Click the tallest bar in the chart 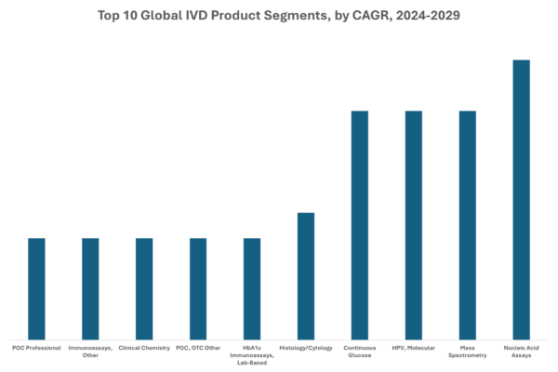click(x=522, y=199)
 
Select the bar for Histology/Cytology click(x=306, y=275)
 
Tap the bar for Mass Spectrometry click(x=468, y=224)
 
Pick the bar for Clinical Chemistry click(x=144, y=288)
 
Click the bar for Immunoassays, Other click(x=90, y=288)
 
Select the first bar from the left click(x=36, y=288)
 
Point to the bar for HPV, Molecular click(x=414, y=224)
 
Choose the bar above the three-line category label click(x=252, y=288)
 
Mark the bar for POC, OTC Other click(x=198, y=288)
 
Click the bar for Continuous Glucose click(x=360, y=224)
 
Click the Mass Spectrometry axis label click(x=468, y=351)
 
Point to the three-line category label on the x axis click(x=252, y=354)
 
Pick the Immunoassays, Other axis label click(x=90, y=351)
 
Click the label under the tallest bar click(x=522, y=351)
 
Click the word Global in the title click(x=162, y=16)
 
